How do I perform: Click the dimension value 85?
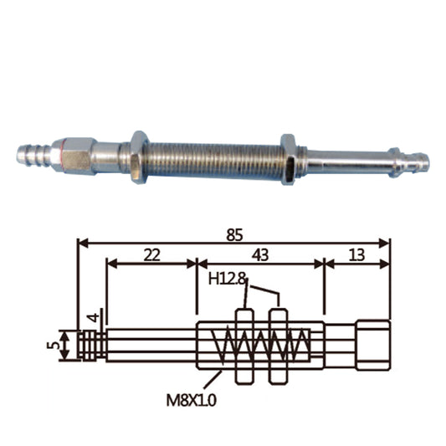click(x=234, y=235)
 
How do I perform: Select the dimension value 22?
click(x=152, y=255)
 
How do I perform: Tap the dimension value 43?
click(x=260, y=255)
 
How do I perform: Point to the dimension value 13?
click(x=356, y=255)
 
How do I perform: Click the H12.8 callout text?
click(x=227, y=279)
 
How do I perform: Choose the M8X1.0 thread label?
click(x=191, y=401)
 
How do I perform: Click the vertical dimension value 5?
click(x=54, y=346)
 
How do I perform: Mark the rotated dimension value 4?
click(x=95, y=317)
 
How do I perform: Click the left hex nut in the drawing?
click(x=244, y=346)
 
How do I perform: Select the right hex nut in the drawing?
click(x=279, y=346)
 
